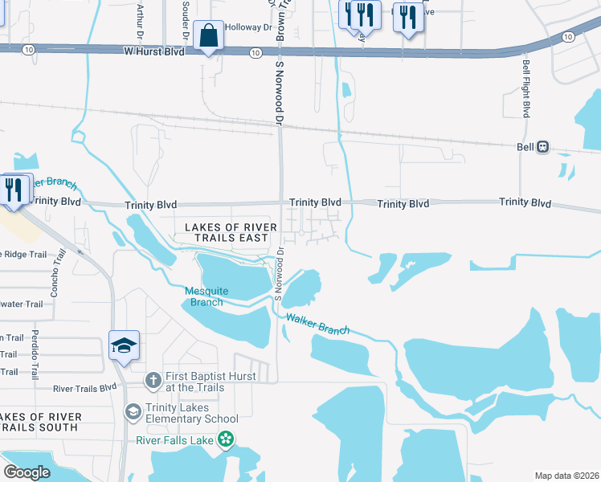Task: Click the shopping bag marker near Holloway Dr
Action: pos(209,36)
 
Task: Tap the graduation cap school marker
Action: pos(125,345)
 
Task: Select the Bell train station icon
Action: pos(543,147)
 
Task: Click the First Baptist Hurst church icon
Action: pos(153,378)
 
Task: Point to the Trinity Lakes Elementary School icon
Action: pos(133,411)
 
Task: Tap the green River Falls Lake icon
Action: pos(226,439)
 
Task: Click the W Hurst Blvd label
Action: pos(153,51)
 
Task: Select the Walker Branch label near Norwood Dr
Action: pos(317,325)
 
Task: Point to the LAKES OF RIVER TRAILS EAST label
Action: pos(227,233)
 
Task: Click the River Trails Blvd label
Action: pos(86,389)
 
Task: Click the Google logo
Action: pos(27,472)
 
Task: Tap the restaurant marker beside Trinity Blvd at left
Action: pos(14,190)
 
